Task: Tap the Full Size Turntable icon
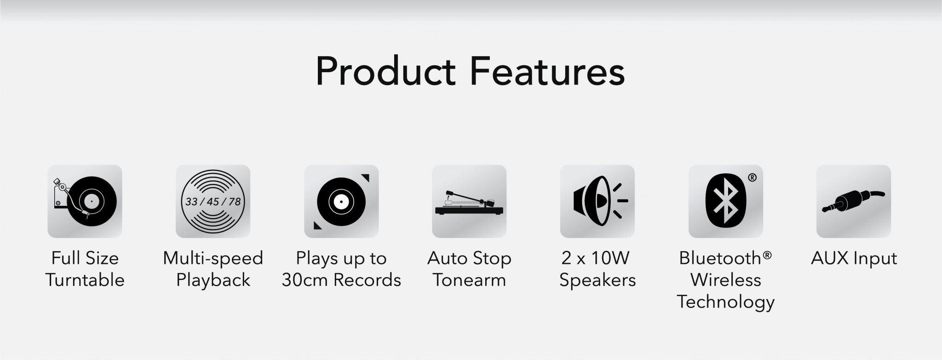(x=85, y=201)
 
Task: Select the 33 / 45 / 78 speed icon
(x=213, y=201)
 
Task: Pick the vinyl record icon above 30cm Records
(x=341, y=201)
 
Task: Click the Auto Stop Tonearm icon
(x=469, y=201)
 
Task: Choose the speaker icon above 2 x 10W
(x=597, y=201)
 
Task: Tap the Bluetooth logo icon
(x=726, y=201)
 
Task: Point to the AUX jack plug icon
(x=854, y=201)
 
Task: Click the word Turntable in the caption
(x=85, y=280)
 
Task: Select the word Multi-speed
(x=213, y=259)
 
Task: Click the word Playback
(x=213, y=280)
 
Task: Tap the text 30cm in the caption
(x=305, y=280)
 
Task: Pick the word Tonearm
(x=469, y=280)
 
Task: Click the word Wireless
(x=726, y=280)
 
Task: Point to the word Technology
(x=726, y=303)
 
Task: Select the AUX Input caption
(x=854, y=258)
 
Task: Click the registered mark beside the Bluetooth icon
(x=752, y=177)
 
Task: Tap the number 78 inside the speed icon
(x=235, y=201)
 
